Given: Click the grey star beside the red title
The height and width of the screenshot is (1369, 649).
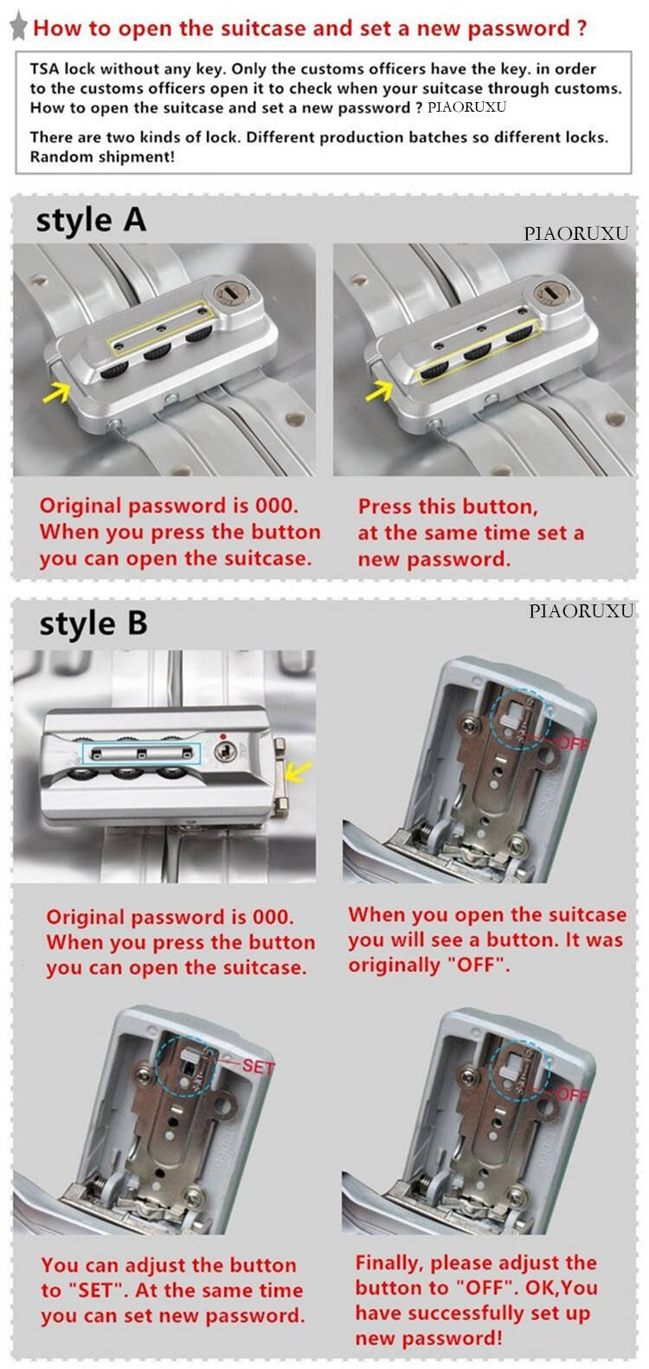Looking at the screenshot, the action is [x=19, y=27].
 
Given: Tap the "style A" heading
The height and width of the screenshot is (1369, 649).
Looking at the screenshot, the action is [x=91, y=220].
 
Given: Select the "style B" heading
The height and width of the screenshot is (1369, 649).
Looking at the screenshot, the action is [x=93, y=623].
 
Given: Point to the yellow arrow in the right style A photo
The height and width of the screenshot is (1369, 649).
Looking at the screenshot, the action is [x=379, y=390].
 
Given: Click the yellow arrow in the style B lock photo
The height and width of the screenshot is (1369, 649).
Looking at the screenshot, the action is [x=299, y=772].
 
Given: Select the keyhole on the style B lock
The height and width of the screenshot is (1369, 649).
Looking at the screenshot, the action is [x=226, y=750].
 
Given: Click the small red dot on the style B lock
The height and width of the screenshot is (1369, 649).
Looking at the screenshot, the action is [x=223, y=736].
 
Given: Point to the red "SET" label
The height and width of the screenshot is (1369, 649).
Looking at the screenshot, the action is [x=258, y=1067].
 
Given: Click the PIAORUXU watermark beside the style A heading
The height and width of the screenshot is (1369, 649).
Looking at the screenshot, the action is [x=575, y=234].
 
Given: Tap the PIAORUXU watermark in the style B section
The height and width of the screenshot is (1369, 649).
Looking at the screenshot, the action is [x=581, y=611].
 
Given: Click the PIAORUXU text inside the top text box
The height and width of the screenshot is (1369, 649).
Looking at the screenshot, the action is [x=467, y=107].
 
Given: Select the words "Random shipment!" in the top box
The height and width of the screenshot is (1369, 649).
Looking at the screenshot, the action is [x=102, y=157].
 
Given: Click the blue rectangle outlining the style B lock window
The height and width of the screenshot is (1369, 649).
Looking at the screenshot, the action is [x=141, y=754].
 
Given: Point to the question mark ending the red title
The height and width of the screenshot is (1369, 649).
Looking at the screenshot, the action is [x=582, y=28].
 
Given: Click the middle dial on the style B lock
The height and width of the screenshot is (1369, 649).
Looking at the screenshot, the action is [x=127, y=774].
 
